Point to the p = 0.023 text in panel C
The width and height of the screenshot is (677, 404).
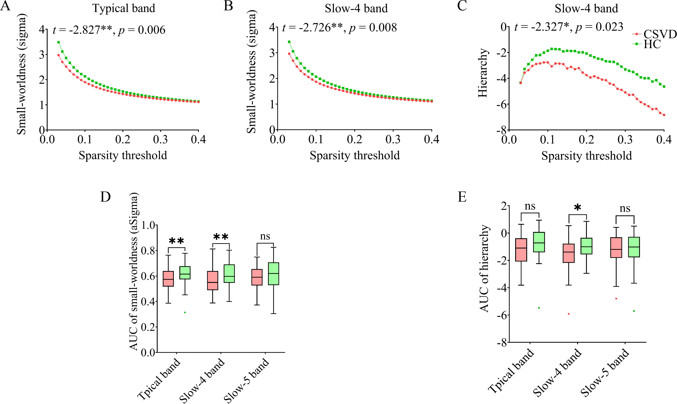(599, 27)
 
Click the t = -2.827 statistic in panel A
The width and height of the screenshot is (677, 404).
(82, 30)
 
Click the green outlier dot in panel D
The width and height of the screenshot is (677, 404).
(185, 312)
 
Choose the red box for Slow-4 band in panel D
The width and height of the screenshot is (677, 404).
(213, 280)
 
